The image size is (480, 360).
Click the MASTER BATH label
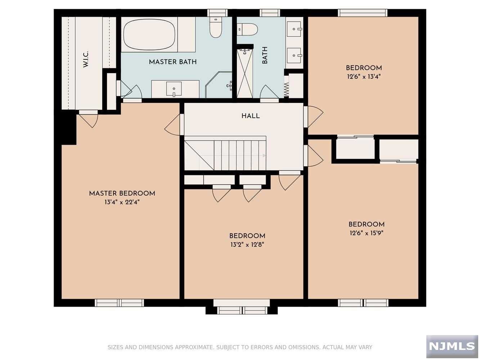pyautogui.click(x=172, y=62)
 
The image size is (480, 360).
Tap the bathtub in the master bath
pyautogui.click(x=149, y=35)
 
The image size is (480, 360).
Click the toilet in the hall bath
pyautogui.click(x=247, y=29)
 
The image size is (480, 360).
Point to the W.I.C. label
pyautogui.click(x=85, y=59)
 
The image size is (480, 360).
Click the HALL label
pyautogui.click(x=251, y=116)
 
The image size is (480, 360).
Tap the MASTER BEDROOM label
pyautogui.click(x=122, y=193)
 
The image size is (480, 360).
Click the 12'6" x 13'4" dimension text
pyautogui.click(x=364, y=77)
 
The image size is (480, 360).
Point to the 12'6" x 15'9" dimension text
pyautogui.click(x=367, y=233)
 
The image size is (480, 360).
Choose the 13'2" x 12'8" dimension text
pyautogui.click(x=247, y=244)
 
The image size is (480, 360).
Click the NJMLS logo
pyautogui.click(x=452, y=346)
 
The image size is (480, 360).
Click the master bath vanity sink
pyautogui.click(x=174, y=89)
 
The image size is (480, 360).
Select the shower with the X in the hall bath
pyautogui.click(x=245, y=74)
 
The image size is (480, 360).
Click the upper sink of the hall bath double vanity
pyautogui.click(x=294, y=29)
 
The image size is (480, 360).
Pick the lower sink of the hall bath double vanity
pyautogui.click(x=294, y=55)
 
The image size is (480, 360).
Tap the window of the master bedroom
pyautogui.click(x=120, y=303)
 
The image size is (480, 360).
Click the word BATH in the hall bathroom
pyautogui.click(x=265, y=55)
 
